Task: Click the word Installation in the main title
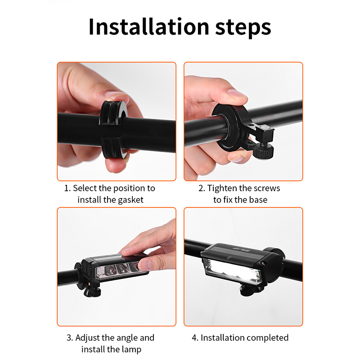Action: [x=148, y=27]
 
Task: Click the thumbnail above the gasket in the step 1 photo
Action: [x=116, y=94]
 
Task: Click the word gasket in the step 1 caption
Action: [x=130, y=200]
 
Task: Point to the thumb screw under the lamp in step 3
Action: [x=92, y=291]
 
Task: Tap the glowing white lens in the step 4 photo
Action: [x=232, y=271]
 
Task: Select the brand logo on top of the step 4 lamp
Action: [x=241, y=249]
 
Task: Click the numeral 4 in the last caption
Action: [x=195, y=338]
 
